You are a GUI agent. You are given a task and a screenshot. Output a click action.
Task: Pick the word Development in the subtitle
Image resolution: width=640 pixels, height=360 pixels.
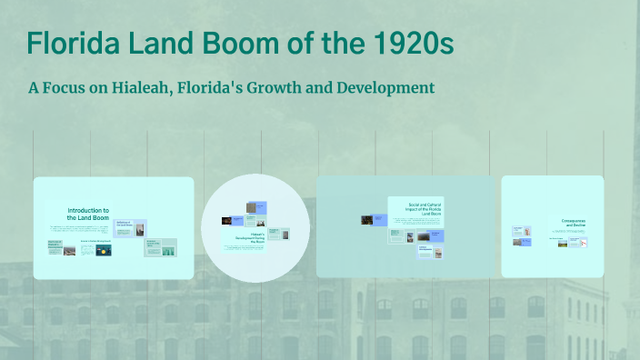(388, 88)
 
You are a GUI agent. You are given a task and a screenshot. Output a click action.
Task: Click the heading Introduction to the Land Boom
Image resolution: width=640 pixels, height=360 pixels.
(87, 214)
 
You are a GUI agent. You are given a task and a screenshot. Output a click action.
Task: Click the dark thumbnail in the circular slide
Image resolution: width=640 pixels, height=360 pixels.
(226, 220)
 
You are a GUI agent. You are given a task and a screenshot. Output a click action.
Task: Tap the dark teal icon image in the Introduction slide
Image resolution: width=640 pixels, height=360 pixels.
(104, 249)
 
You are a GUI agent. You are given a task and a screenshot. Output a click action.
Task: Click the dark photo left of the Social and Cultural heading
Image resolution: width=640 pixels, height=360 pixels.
(367, 220)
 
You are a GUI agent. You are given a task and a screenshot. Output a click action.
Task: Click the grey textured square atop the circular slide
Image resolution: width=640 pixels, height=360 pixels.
(252, 206)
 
